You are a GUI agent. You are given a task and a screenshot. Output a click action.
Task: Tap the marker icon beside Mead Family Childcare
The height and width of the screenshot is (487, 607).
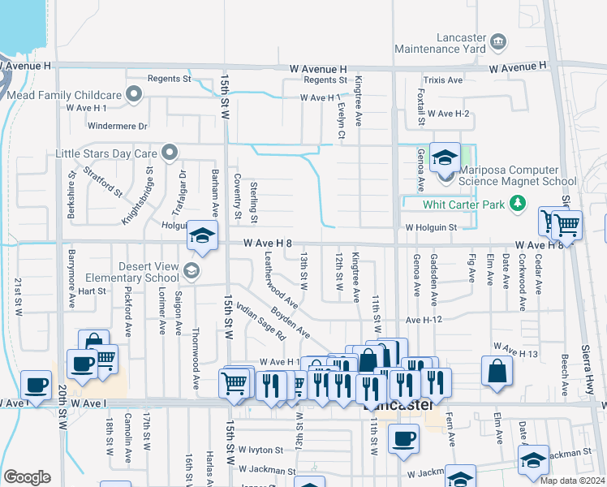point(134,96)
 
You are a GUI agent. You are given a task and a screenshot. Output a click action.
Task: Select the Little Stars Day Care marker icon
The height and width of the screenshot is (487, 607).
point(169,153)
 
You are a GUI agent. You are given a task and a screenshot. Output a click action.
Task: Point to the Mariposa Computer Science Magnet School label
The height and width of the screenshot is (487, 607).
point(517,176)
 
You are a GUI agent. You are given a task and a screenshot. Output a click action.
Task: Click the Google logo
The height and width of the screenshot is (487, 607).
point(27,477)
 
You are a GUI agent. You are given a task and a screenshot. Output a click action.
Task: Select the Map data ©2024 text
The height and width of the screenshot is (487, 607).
point(572,481)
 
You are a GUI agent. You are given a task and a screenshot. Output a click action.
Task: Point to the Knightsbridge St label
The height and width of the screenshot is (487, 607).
point(137,196)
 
